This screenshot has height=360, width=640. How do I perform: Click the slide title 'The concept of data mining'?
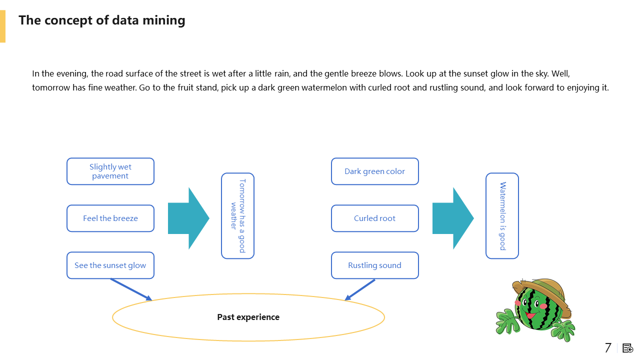click(102, 20)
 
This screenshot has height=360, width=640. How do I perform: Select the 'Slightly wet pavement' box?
click(110, 171)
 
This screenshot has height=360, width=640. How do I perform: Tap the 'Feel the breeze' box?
click(110, 218)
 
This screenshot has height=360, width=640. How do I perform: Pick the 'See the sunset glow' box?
click(110, 265)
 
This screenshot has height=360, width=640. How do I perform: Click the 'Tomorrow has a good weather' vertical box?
click(237, 216)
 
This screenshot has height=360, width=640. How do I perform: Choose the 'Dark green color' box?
click(375, 171)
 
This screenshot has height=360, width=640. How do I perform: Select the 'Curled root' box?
click(375, 218)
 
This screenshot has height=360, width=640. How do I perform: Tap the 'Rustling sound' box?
click(375, 265)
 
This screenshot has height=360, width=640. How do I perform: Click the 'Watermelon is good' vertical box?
click(502, 216)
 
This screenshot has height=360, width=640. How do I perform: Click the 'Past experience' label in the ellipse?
click(248, 317)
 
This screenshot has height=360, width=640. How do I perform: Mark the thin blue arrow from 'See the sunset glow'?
click(131, 289)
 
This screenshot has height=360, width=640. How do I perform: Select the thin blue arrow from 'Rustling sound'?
click(360, 289)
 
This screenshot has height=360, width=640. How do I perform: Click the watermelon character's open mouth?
click(531, 315)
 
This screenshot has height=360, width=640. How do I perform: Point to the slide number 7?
click(608, 348)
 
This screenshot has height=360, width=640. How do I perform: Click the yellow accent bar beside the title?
click(2, 26)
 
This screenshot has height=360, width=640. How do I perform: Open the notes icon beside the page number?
click(627, 348)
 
